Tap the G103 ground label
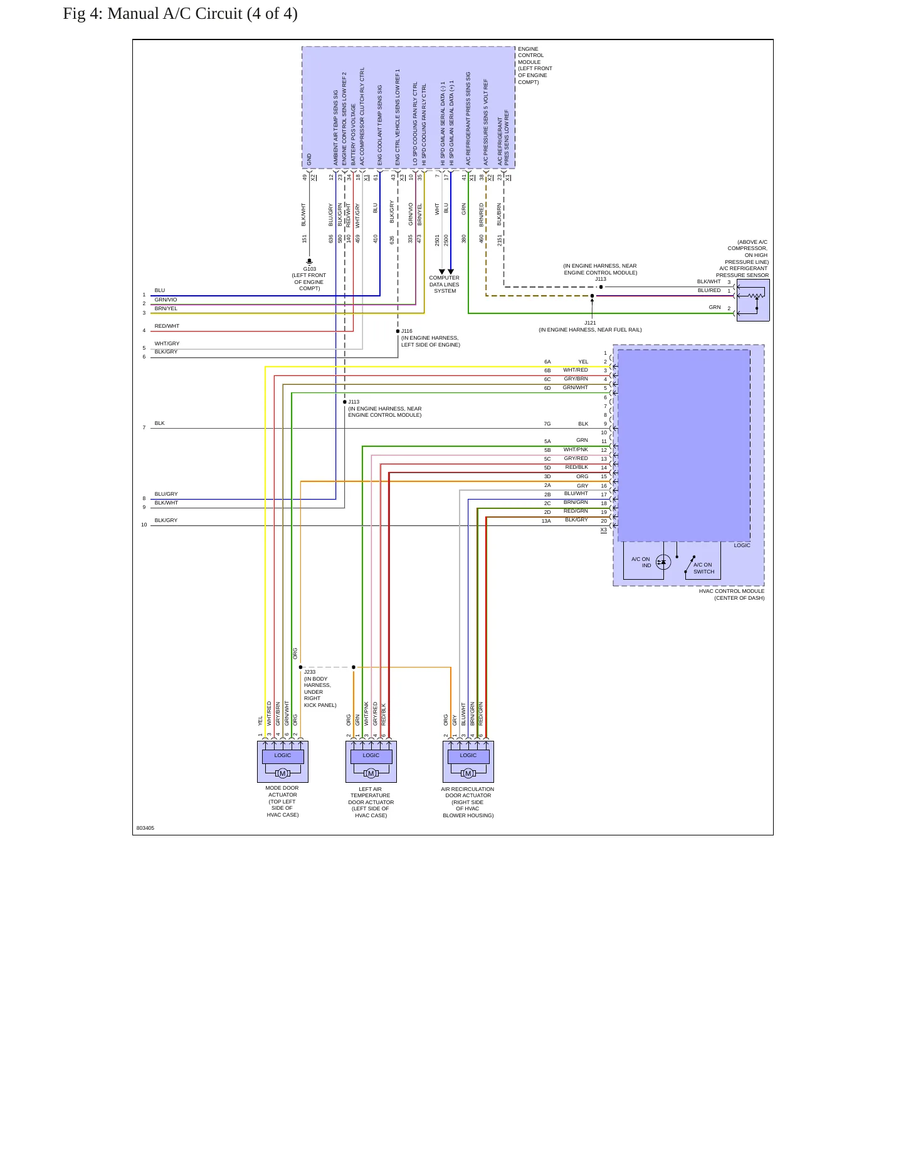coord(310,269)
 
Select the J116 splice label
coord(407,331)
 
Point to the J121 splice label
coord(590,323)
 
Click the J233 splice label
coord(310,672)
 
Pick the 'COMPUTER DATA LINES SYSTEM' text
coord(445,285)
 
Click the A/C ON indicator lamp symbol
coord(663,562)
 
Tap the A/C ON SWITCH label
coord(703,568)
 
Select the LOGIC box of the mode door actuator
coord(283,756)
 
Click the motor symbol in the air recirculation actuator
coord(468,773)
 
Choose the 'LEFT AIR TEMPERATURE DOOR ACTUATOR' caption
coord(371,795)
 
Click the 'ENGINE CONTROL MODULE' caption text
coord(530,55)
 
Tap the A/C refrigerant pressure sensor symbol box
coord(753,300)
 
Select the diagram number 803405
coord(145,828)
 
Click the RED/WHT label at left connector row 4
coord(167,326)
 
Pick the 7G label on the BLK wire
coord(547,424)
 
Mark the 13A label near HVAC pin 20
coord(546,521)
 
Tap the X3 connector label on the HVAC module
coord(604,530)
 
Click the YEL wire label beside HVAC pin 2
coord(583,362)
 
